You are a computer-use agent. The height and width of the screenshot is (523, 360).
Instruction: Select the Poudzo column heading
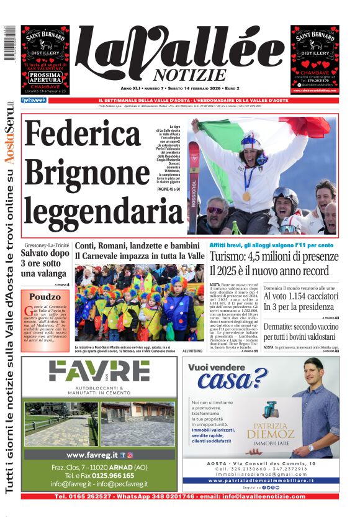click(x=45, y=297)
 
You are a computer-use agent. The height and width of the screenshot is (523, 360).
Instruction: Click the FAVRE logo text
click(x=99, y=371)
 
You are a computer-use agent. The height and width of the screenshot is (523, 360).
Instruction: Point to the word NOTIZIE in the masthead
click(x=180, y=75)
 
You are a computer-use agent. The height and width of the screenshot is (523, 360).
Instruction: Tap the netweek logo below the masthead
click(x=34, y=100)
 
